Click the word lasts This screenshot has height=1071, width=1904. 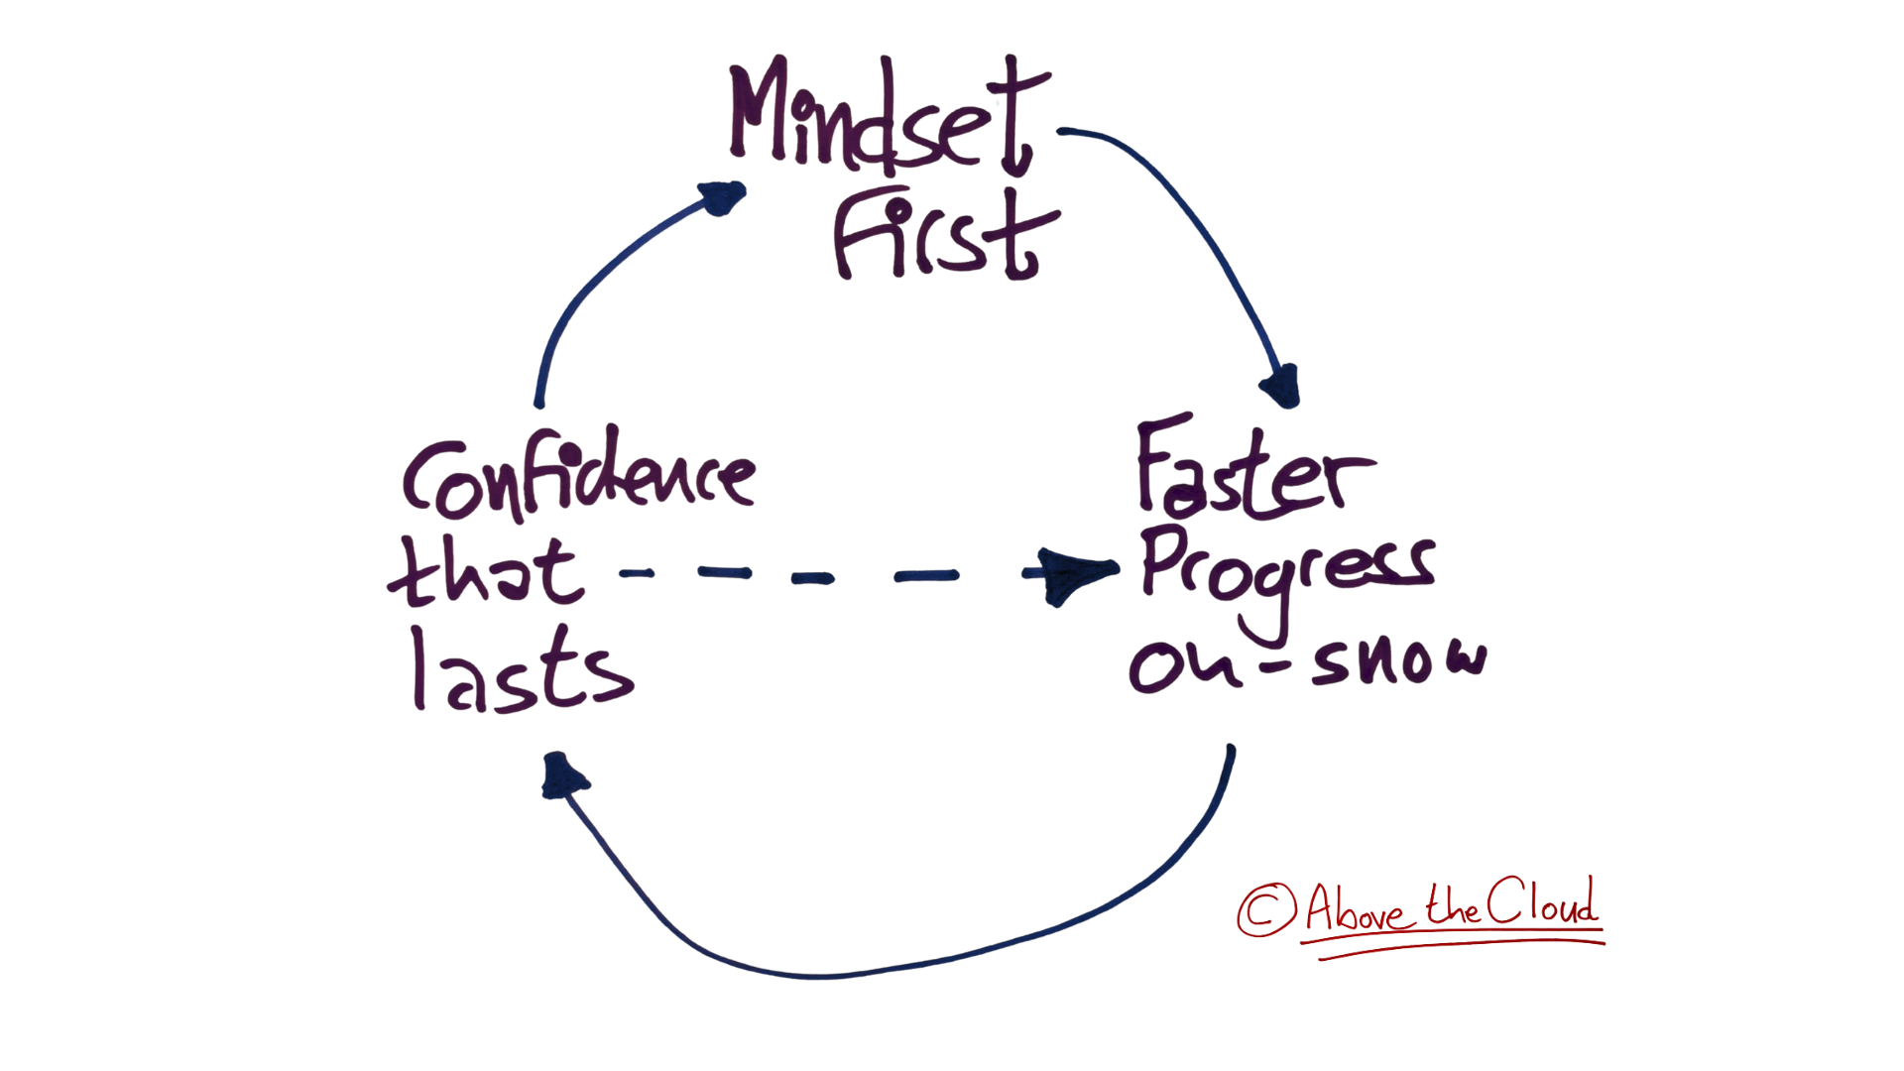(523, 672)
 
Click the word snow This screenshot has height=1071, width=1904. (1398, 662)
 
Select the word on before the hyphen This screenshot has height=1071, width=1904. (1185, 664)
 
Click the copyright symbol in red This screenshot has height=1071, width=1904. (1266, 909)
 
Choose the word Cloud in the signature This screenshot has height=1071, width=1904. (1543, 902)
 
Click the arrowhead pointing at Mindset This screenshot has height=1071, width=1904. (722, 196)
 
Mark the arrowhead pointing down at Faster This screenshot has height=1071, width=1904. (1282, 387)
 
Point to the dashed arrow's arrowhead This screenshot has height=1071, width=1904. (1071, 574)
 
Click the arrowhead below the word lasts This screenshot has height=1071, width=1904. (561, 775)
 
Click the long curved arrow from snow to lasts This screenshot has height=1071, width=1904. (892, 967)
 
